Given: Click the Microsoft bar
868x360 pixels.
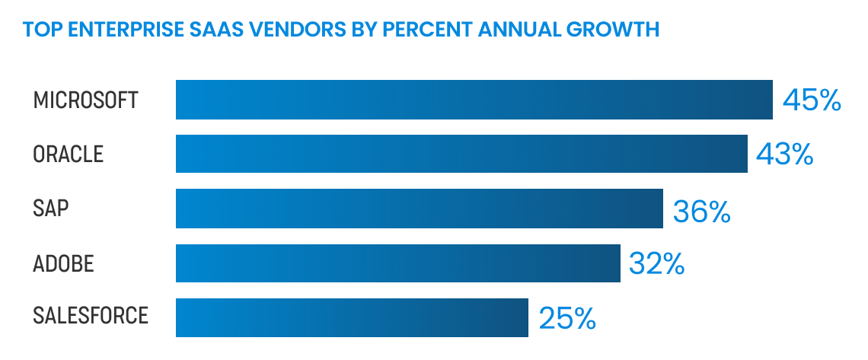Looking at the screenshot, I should [474, 100].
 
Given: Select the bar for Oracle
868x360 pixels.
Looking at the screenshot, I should [461, 154].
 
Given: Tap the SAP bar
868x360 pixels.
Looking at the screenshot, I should [420, 209].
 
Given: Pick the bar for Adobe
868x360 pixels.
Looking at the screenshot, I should [397, 263].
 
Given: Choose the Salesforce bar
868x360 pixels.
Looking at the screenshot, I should [352, 317].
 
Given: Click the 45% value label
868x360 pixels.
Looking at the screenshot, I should [812, 100].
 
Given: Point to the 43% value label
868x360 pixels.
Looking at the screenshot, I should [785, 155].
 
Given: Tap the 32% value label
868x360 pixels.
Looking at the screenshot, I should [657, 264].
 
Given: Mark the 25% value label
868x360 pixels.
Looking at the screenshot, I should [566, 319].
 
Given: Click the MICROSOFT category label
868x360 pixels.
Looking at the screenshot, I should [86, 100].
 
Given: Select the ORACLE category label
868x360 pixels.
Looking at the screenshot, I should [69, 155].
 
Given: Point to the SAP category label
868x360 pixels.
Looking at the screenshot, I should [51, 209].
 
